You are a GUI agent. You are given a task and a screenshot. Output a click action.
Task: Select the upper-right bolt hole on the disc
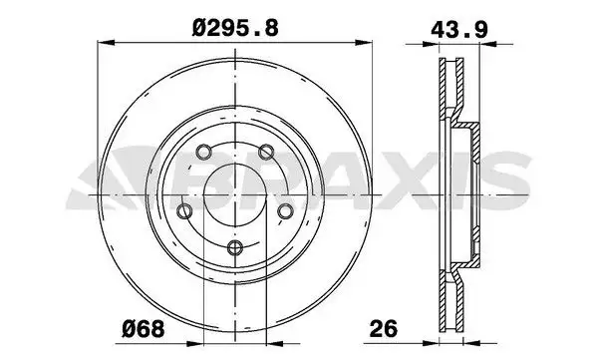click(267, 153)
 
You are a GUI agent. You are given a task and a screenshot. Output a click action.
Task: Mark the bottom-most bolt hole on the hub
click(234, 249)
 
